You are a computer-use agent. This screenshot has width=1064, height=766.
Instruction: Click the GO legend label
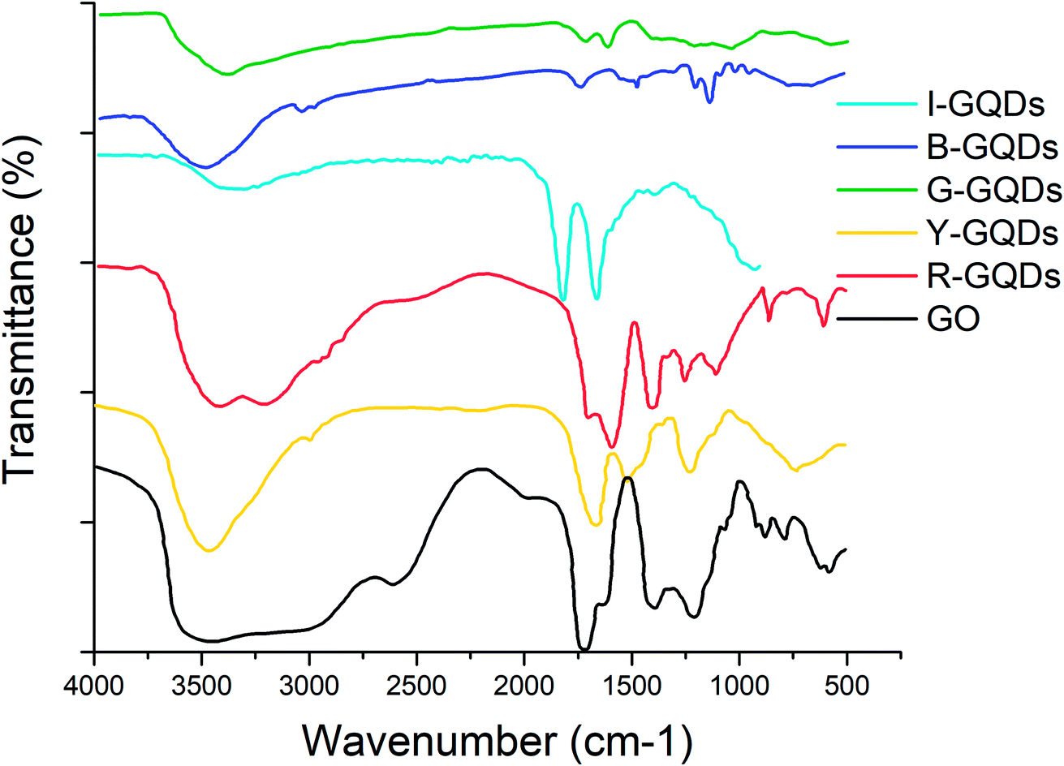click(953, 320)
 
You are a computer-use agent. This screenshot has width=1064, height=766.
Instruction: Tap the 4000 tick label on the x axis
click(95, 685)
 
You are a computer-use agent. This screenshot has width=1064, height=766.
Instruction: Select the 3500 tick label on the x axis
click(202, 685)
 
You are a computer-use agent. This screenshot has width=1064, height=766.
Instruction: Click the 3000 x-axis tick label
click(309, 685)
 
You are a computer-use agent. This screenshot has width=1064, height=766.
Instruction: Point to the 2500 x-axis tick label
click(416, 685)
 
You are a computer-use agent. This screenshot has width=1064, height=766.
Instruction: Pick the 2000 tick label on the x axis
click(524, 685)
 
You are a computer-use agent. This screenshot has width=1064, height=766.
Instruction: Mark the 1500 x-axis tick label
click(631, 685)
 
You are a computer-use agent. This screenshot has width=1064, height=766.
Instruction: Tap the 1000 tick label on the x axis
click(739, 685)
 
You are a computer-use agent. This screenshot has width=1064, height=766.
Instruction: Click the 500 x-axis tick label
click(846, 685)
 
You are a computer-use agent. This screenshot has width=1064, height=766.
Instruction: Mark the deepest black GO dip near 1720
click(584, 648)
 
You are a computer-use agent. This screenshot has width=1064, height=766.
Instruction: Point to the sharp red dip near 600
click(824, 325)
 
